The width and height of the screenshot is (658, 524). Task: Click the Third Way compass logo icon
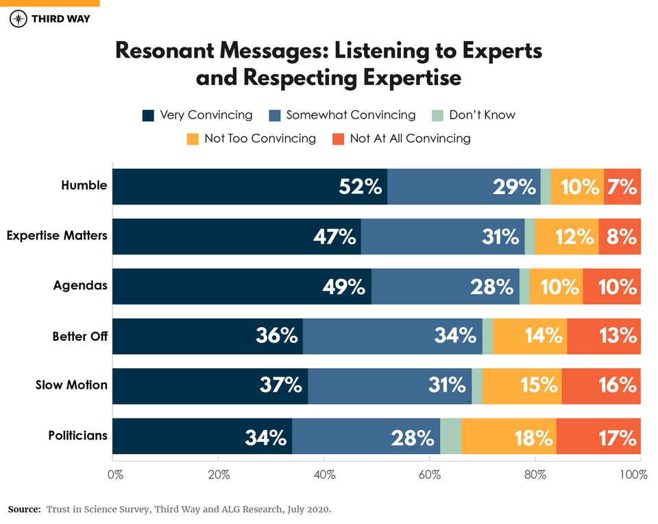[19, 19]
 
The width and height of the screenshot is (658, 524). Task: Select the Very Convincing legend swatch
[148, 115]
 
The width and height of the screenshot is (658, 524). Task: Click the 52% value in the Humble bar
[361, 187]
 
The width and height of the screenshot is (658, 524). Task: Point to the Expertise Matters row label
[57, 236]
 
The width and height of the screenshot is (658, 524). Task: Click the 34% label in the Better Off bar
[455, 336]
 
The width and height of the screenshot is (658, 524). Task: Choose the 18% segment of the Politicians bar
[533, 436]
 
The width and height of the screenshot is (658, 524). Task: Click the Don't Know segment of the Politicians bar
[450, 436]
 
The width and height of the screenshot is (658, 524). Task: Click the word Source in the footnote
[24, 510]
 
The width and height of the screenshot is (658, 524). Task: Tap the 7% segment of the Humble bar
[623, 187]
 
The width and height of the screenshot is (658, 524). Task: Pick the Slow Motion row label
[71, 385]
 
